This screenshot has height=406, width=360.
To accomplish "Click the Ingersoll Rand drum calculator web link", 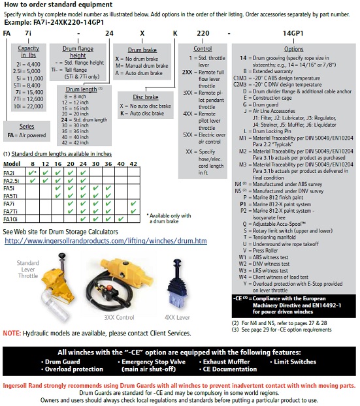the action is pyautogui.click(x=106, y=241).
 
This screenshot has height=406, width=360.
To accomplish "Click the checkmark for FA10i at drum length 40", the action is pyautogui.click(x=121, y=219).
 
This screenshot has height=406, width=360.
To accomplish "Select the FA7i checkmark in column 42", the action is pyautogui.click(x=133, y=204).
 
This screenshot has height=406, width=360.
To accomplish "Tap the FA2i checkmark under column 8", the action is pyautogui.click(x=32, y=173).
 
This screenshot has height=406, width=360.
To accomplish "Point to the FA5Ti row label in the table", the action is pyautogui.click(x=10, y=196).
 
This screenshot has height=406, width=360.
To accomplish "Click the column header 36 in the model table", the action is pyautogui.click(x=108, y=164).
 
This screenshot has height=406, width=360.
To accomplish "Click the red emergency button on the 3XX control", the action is pyautogui.click(x=110, y=288).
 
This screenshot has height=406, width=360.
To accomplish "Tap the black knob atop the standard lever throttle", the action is pyautogui.click(x=62, y=256).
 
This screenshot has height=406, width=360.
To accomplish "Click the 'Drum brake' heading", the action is pyautogui.click(x=142, y=50).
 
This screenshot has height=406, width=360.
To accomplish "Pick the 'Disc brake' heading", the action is pyautogui.click(x=146, y=97).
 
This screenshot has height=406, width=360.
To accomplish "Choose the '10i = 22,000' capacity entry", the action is pyautogui.click(x=29, y=106).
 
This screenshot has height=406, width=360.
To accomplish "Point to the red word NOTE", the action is pyautogui.click(x=12, y=333).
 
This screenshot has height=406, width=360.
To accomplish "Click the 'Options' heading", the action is pyautogui.click(x=293, y=49).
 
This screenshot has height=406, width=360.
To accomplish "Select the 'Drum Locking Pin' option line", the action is pyautogui.click(x=272, y=131).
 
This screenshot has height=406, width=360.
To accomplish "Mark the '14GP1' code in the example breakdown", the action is pyautogui.click(x=293, y=33).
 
